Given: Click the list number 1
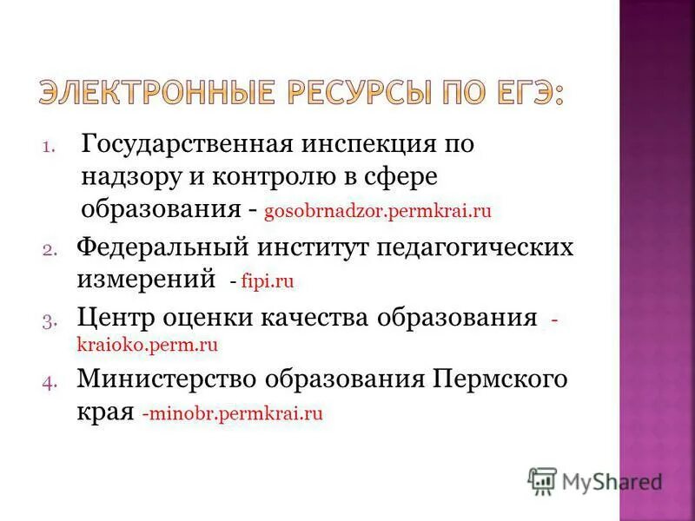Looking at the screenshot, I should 48,146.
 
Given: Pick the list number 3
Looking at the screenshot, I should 48,320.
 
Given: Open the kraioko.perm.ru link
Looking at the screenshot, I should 147,344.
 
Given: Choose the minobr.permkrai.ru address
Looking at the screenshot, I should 235,413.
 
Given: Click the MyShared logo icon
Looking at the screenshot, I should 543,480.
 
